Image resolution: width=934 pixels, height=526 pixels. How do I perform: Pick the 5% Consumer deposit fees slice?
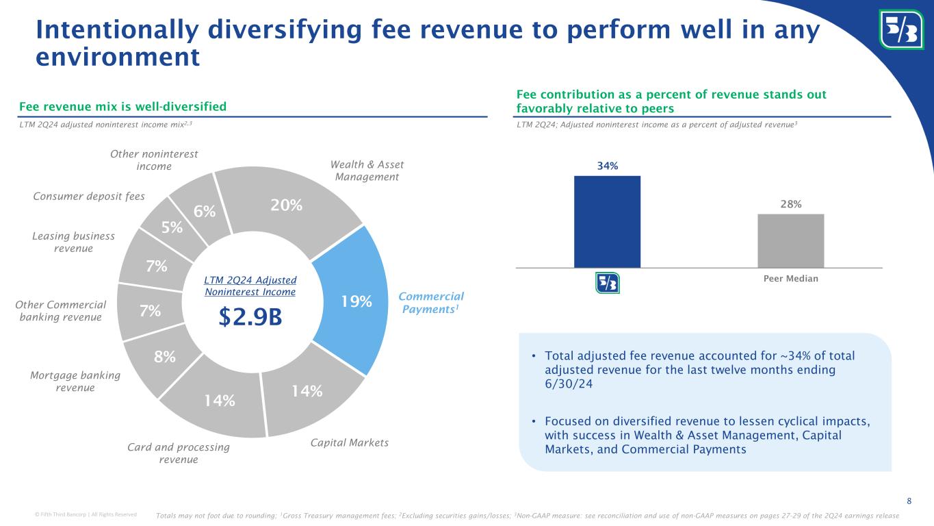(171, 227)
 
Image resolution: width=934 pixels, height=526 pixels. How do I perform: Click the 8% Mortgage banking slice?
(164, 358)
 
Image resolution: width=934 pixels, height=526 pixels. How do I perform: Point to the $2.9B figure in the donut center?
(250, 318)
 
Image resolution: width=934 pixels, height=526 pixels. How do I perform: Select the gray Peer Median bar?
(790, 240)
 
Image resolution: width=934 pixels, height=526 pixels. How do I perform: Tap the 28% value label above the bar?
(790, 204)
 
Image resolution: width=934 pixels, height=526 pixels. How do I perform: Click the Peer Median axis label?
(790, 279)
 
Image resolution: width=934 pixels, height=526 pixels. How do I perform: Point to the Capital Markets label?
(349, 443)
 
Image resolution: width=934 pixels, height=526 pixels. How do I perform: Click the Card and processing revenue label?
(179, 453)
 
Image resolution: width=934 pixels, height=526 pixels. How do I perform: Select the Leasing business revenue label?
(74, 242)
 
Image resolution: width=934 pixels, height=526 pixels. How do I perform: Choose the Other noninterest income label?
(154, 161)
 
